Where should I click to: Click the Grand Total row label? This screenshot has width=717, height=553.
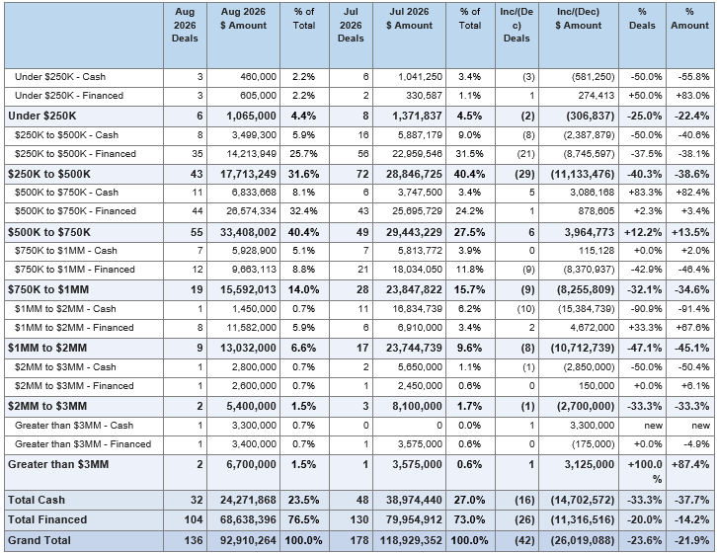40,540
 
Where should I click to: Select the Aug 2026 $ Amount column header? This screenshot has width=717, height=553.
243,19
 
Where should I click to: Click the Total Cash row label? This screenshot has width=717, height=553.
37,500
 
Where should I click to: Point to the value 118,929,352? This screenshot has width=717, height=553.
411,540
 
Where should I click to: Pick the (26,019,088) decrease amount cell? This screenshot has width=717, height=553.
583,540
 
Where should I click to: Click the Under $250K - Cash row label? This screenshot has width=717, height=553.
60,77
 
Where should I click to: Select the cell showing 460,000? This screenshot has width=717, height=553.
259,77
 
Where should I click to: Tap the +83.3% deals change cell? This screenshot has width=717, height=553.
645,193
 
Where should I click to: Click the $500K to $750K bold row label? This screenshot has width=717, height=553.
49,232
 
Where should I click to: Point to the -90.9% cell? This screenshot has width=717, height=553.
646,309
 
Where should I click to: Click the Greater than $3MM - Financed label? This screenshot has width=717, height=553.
83,444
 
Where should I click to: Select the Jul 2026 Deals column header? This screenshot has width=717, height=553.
351,25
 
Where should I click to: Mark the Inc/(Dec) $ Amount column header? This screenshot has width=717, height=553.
579,19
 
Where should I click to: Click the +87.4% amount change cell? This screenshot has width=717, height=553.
690,465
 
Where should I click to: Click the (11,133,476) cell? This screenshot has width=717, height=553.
583,174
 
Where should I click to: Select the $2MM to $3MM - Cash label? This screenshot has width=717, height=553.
65,367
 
